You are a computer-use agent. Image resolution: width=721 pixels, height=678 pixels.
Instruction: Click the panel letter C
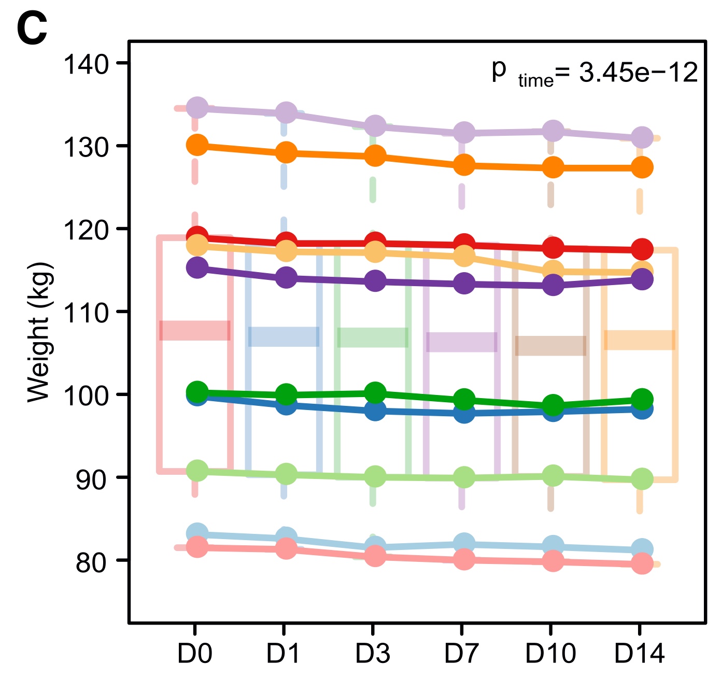pyautogui.click(x=32, y=29)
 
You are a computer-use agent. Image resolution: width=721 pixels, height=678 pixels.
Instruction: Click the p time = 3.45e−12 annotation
pyautogui.click(x=595, y=72)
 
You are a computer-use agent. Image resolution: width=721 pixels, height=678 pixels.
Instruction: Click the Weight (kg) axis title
pyautogui.click(x=39, y=332)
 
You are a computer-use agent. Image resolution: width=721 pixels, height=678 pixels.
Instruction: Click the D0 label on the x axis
pyautogui.click(x=195, y=654)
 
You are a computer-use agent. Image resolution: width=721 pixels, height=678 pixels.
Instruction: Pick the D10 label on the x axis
pyautogui.click(x=550, y=654)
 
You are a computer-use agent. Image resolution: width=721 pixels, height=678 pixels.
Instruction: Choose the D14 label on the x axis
pyautogui.click(x=640, y=654)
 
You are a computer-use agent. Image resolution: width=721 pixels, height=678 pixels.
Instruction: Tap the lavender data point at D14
pyautogui.click(x=642, y=137)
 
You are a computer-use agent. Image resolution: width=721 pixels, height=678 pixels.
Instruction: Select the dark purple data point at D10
pyautogui.click(x=553, y=285)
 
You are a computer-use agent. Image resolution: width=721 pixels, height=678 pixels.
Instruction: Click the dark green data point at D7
pyautogui.click(x=464, y=399)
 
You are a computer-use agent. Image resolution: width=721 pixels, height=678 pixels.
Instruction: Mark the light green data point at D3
pyautogui.click(x=375, y=476)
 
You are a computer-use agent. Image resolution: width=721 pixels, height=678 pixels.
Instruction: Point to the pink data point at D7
pyautogui.click(x=464, y=559)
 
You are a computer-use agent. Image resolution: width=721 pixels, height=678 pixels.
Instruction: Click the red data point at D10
pyautogui.click(x=553, y=247)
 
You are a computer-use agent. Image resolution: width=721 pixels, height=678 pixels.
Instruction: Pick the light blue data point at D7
pyautogui.click(x=464, y=543)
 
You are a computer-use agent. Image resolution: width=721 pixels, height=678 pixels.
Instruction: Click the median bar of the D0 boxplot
pyautogui.click(x=195, y=330)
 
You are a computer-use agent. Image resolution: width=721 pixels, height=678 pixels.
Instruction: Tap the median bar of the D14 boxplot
pyautogui.click(x=640, y=340)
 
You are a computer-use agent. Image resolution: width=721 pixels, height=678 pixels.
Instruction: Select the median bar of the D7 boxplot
pyautogui.click(x=461, y=342)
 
